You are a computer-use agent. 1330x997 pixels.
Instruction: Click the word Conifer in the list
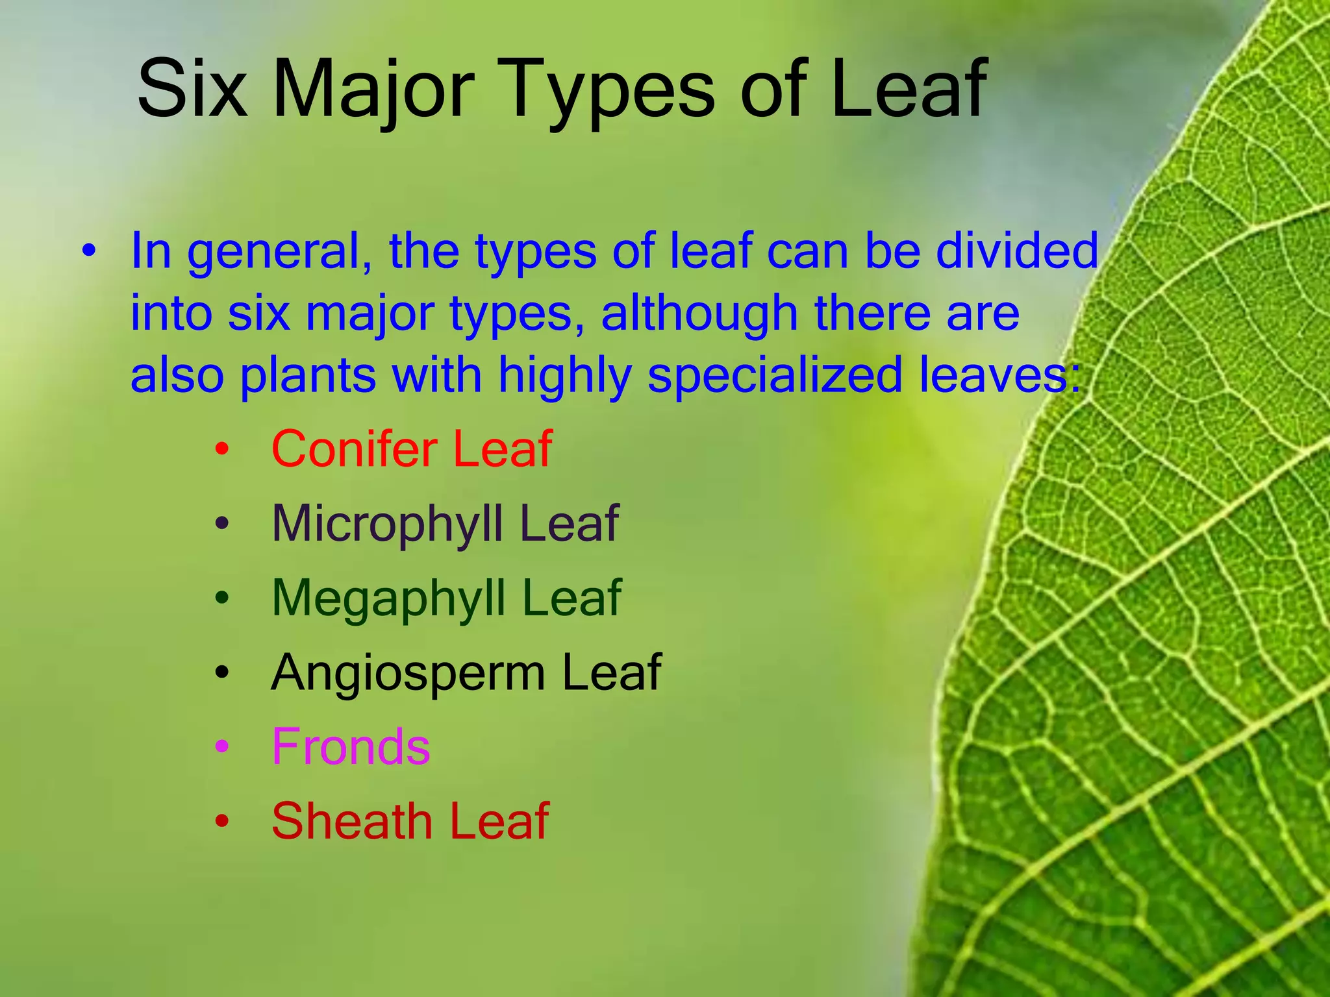354,449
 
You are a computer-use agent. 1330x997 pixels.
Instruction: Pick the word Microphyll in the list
387,523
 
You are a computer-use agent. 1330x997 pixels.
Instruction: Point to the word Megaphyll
388,598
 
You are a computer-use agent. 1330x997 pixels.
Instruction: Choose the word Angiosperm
408,672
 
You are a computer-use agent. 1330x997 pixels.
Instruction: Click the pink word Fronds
351,746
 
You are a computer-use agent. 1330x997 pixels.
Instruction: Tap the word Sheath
351,821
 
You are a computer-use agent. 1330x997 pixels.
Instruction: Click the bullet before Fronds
222,747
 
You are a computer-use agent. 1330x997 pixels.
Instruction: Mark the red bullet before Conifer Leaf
222,449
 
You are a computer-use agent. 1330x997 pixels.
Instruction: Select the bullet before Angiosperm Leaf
222,672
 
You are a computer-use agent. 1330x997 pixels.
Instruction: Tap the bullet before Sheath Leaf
222,821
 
